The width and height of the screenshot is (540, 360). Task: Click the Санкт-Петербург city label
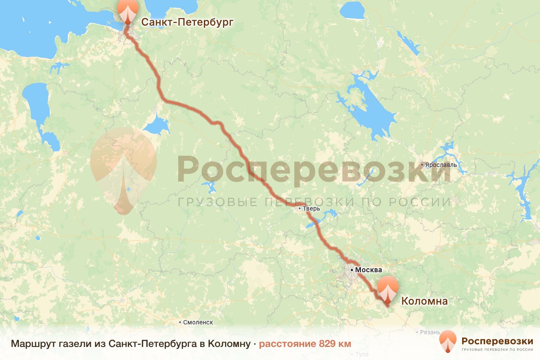point(188,22)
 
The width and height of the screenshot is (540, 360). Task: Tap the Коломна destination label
point(424,301)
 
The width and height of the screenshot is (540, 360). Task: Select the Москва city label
point(369,270)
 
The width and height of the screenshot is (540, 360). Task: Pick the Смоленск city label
point(198,322)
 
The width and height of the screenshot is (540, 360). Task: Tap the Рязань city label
point(429,332)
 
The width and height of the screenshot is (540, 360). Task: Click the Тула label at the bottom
point(362,355)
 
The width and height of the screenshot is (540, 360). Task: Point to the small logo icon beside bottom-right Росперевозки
point(448,342)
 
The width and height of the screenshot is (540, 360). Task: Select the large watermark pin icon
point(123,169)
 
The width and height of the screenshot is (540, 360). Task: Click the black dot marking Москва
point(352,270)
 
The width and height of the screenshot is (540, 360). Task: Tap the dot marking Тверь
point(299,208)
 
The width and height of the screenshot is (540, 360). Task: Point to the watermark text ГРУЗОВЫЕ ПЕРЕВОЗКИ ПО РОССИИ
point(314,202)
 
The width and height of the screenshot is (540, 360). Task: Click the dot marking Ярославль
point(422,165)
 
